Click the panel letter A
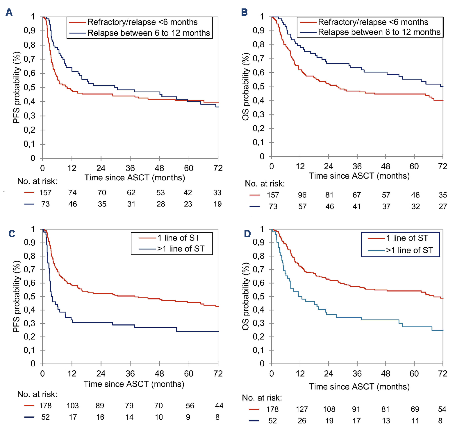[x=9, y=12]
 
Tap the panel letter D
[x=247, y=234]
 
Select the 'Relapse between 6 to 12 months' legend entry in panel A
[x=148, y=33]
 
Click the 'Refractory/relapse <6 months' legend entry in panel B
[x=373, y=22]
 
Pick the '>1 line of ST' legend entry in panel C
[x=181, y=249]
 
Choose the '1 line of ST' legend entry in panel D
[x=407, y=238]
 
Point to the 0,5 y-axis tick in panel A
[x=29, y=87]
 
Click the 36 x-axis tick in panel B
[x=357, y=166]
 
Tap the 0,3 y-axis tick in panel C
[x=29, y=323]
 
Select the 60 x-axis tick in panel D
[x=414, y=373]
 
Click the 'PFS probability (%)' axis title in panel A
[x=17, y=87]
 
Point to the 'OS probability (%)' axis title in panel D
[x=246, y=296]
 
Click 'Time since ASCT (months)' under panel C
[x=134, y=384]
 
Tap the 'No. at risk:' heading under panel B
[x=265, y=184]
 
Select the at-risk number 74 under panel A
[x=72, y=193]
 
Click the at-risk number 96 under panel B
[x=302, y=195]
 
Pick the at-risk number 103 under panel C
[x=73, y=406]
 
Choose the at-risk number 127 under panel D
[x=302, y=409]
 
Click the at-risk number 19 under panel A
[x=217, y=204]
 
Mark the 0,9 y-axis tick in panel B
[x=258, y=30]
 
